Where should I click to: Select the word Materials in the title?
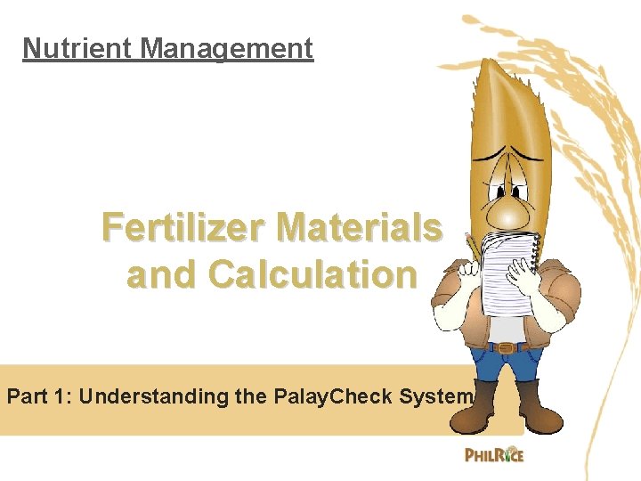pyautogui.click(x=373, y=229)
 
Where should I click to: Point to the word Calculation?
pyautogui.click(x=312, y=275)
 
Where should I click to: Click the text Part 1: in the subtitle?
pyautogui.click(x=40, y=396)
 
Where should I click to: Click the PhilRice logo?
pyautogui.click(x=494, y=455)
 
